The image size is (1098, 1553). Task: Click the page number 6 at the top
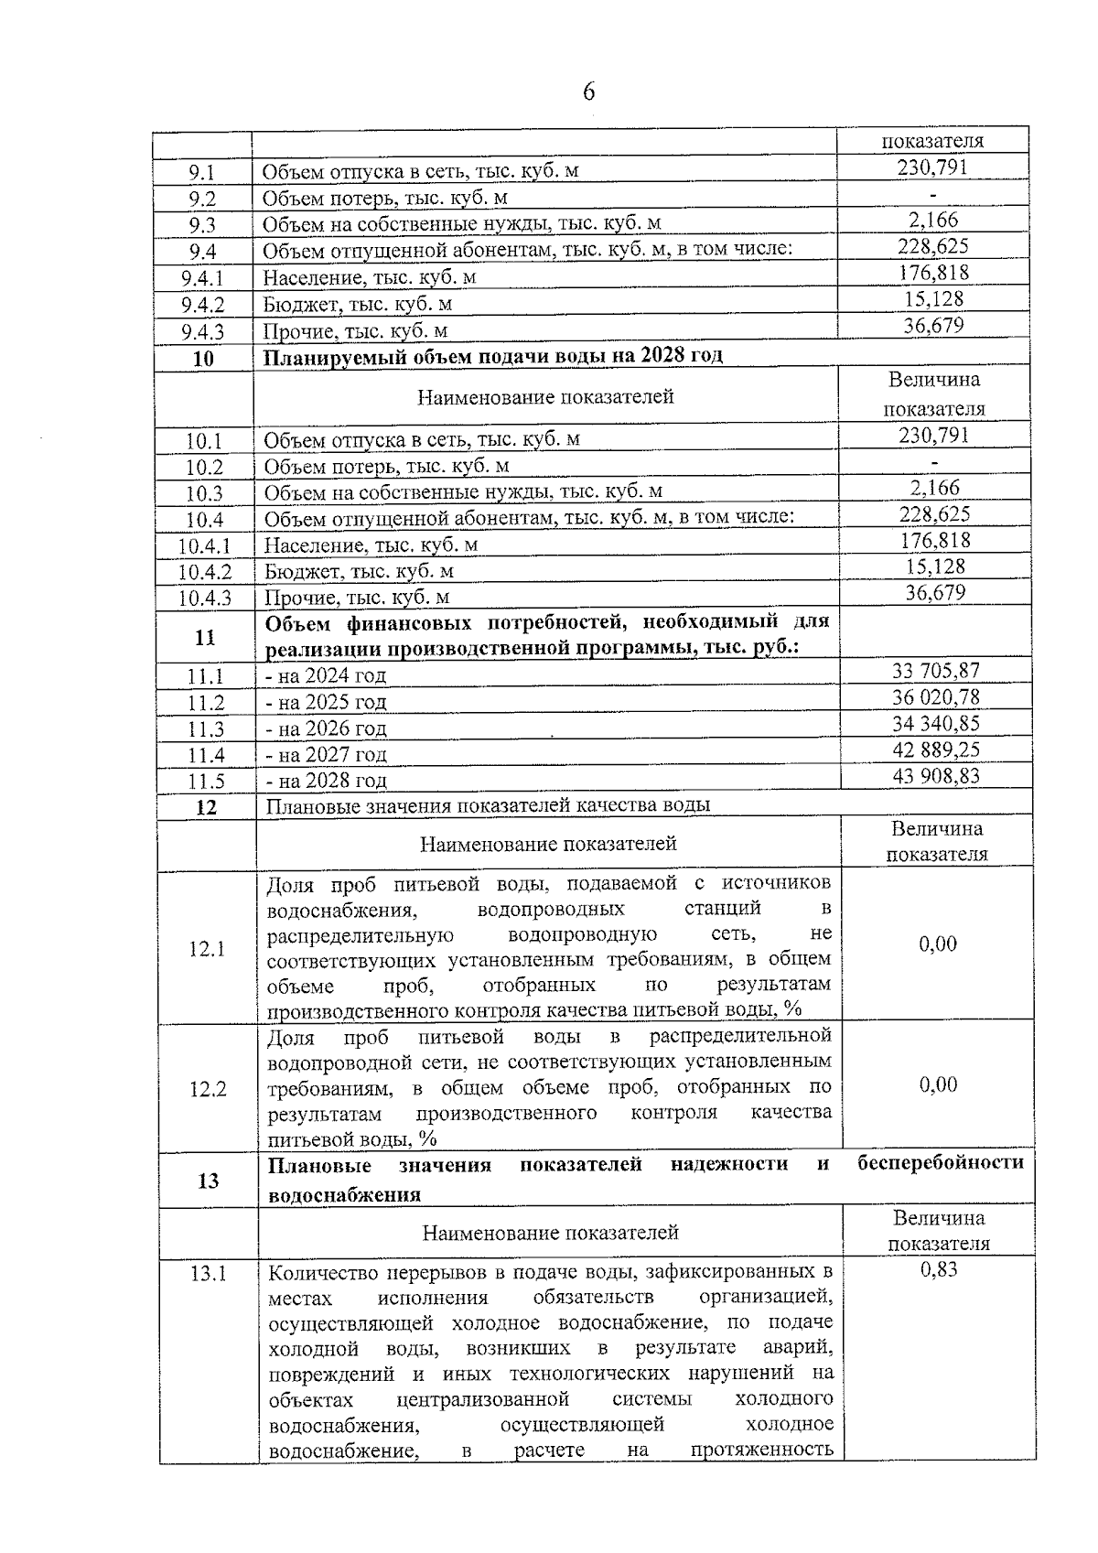(588, 92)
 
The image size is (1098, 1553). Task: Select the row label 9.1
(202, 171)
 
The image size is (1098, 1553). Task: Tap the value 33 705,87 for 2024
(935, 671)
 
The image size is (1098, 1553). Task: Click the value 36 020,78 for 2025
(935, 697)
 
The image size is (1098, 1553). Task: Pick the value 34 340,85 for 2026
(935, 724)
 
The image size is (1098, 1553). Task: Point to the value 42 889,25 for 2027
(935, 750)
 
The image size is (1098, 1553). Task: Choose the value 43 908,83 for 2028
(935, 776)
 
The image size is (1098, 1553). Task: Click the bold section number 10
(203, 358)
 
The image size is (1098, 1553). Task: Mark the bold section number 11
(205, 638)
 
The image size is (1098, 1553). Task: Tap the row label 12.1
(207, 949)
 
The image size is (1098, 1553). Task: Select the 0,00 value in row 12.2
(938, 1084)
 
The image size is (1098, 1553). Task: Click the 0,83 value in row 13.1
(939, 1269)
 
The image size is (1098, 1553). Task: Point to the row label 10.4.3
(205, 599)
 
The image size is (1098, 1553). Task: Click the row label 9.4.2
(202, 305)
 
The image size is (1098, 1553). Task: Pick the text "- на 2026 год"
(326, 729)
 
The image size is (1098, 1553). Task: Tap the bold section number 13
(208, 1181)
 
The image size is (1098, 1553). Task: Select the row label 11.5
(206, 782)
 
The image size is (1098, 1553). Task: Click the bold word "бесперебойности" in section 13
(941, 1163)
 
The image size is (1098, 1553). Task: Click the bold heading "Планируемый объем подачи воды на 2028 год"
(493, 356)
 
